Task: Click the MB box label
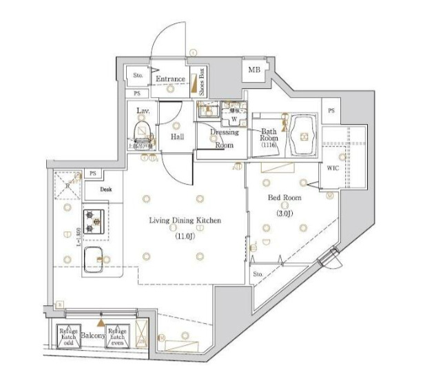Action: (x=254, y=70)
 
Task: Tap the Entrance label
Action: (x=169, y=79)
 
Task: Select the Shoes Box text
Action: (x=202, y=81)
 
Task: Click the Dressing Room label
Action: (x=224, y=138)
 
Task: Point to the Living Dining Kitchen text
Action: (x=186, y=221)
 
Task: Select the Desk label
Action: (x=105, y=188)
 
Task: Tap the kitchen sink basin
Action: (x=94, y=258)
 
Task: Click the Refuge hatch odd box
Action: (x=68, y=336)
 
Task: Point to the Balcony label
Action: (x=92, y=336)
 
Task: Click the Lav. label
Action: (x=143, y=110)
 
